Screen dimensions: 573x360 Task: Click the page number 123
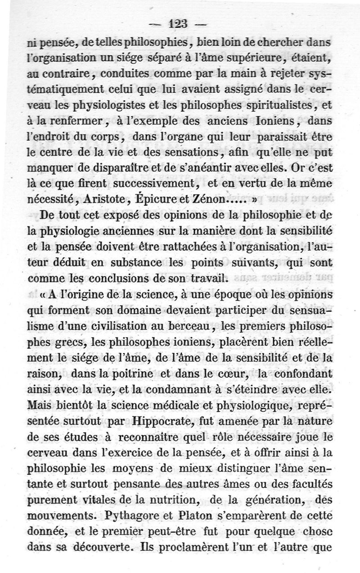pos(179,23)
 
